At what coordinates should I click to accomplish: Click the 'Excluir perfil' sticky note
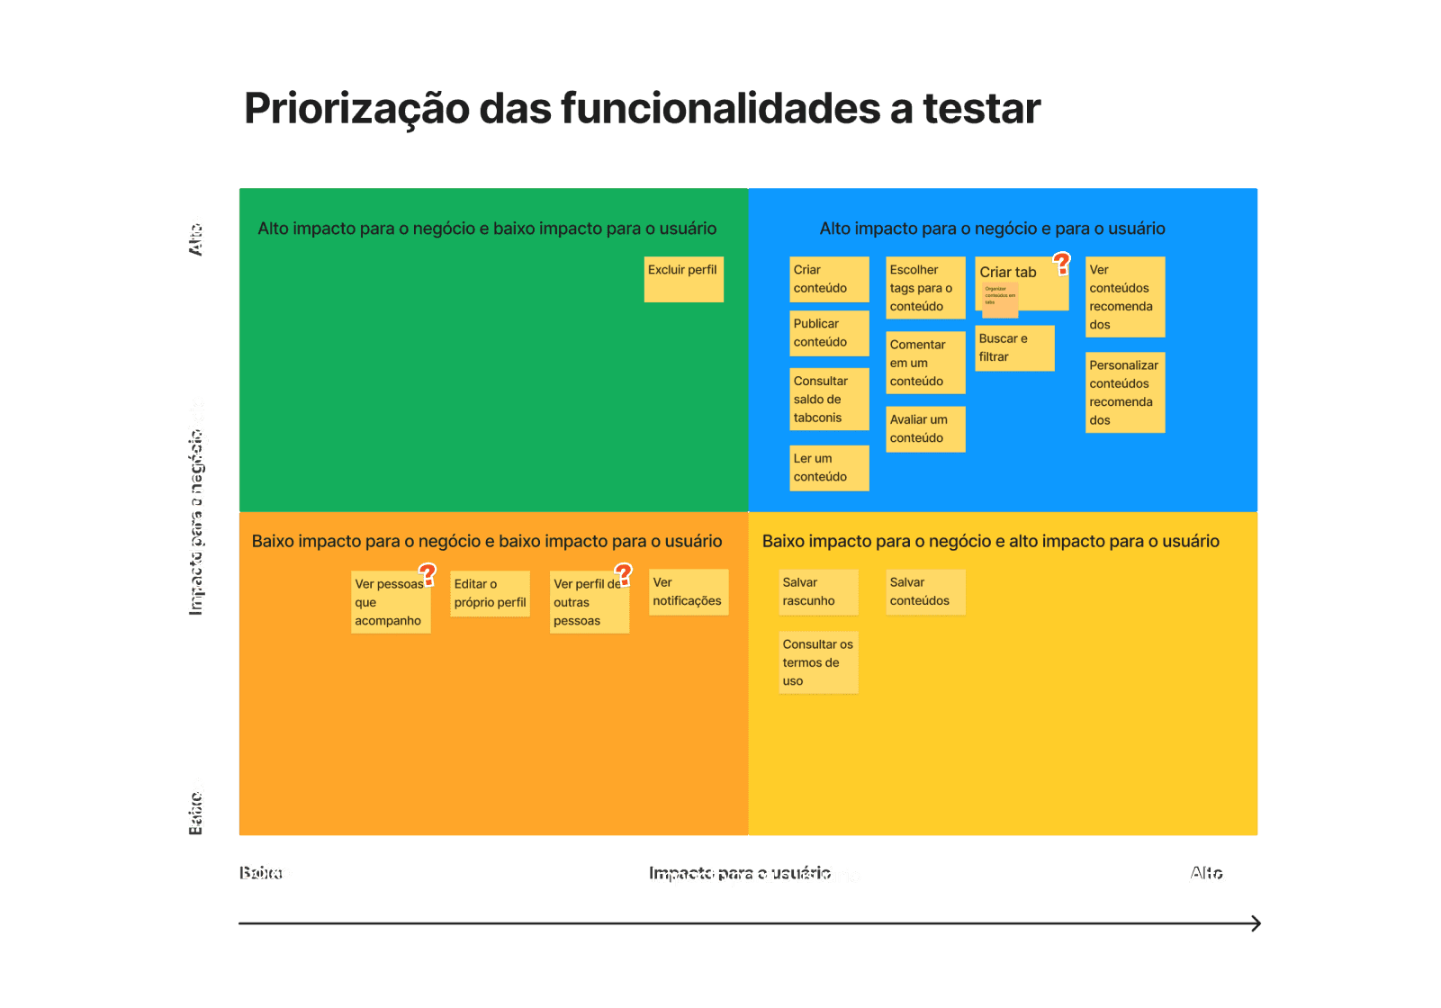click(683, 279)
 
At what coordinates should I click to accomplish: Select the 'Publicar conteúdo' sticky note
click(829, 333)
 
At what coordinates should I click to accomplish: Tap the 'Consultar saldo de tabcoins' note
click(829, 399)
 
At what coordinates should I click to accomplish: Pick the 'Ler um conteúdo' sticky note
click(829, 468)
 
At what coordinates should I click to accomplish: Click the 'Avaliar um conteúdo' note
click(925, 428)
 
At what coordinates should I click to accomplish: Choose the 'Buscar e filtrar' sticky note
click(1014, 347)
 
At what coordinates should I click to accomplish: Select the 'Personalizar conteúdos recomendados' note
click(1125, 392)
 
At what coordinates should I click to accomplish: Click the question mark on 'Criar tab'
click(1062, 264)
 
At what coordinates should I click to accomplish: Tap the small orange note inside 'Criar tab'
click(1000, 299)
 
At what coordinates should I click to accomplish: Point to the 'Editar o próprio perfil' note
click(490, 593)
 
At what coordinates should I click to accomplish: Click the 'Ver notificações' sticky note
click(689, 592)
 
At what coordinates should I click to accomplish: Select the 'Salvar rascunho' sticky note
click(818, 592)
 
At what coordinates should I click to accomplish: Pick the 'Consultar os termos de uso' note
click(818, 662)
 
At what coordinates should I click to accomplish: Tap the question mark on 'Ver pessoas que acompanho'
click(428, 574)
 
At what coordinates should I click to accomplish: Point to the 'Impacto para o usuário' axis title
click(755, 876)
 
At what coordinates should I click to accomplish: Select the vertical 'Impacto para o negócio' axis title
click(197, 504)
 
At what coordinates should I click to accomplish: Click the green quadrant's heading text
click(487, 229)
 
